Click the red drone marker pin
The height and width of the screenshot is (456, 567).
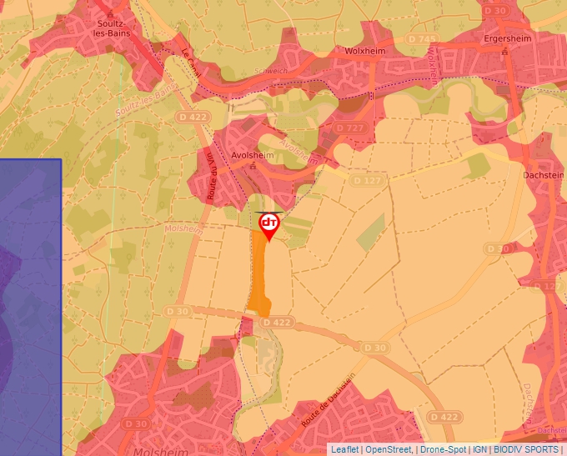click(268, 226)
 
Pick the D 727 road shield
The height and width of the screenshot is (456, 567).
click(350, 128)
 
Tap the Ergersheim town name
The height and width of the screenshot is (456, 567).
click(507, 39)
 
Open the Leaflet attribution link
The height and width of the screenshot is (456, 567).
click(344, 449)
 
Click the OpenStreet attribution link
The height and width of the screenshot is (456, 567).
click(389, 449)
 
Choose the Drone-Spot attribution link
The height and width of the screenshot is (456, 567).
click(443, 449)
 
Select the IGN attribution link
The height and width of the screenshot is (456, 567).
click(480, 449)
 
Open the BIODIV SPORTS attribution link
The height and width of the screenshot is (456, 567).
click(526, 449)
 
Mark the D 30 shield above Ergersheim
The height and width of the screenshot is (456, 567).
click(495, 10)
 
